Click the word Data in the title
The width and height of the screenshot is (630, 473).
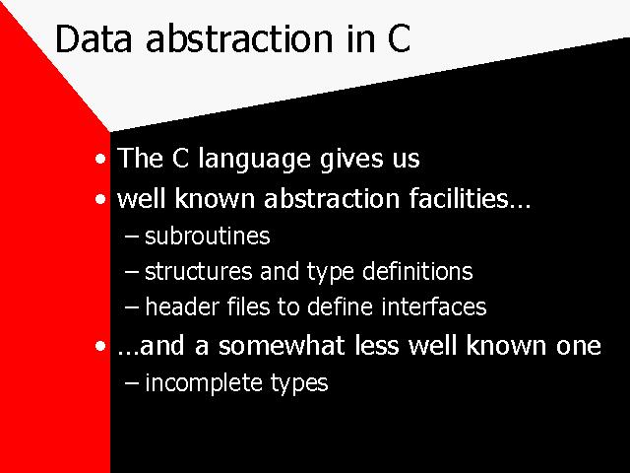click(94, 38)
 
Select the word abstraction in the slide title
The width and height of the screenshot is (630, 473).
click(239, 38)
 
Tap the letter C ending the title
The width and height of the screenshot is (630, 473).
click(399, 38)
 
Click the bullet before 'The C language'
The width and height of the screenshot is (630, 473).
click(100, 159)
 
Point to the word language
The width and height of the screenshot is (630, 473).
click(254, 160)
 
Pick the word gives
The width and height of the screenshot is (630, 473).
click(351, 160)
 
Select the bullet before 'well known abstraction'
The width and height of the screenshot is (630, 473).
click(100, 199)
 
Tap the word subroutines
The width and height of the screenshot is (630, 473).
click(208, 236)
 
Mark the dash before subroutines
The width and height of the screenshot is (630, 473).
click(132, 236)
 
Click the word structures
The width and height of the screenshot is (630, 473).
click(199, 272)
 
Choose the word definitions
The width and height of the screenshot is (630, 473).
click(417, 271)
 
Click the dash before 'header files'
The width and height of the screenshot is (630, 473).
click(132, 308)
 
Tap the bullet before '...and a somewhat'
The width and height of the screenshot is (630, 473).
click(100, 346)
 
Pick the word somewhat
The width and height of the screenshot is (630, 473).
click(282, 346)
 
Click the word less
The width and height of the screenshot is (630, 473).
click(377, 346)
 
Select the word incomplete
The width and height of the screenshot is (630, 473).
click(204, 383)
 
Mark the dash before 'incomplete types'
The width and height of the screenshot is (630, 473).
click(132, 383)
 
